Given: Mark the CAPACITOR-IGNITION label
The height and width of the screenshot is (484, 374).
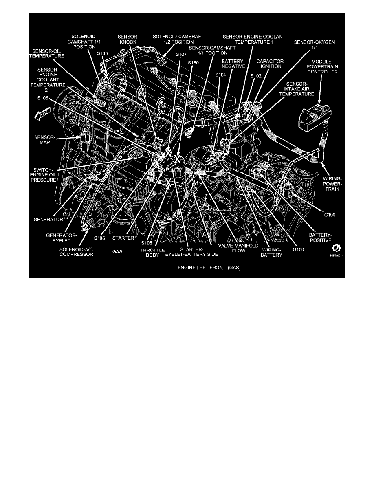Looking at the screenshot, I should coord(271,64).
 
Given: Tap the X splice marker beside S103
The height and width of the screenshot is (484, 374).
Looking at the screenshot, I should coord(106,76).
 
